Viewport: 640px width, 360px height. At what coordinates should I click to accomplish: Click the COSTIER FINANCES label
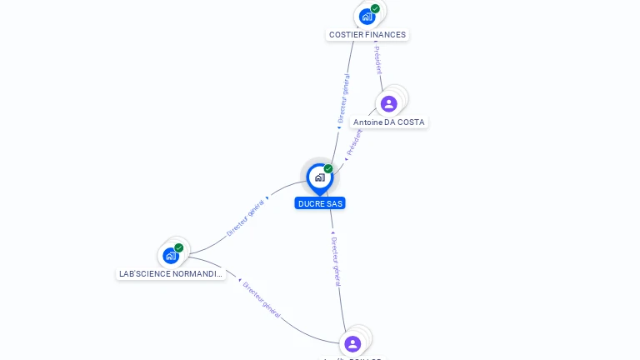pyautogui.click(x=367, y=35)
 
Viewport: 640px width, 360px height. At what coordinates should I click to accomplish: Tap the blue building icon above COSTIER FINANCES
pyautogui.click(x=367, y=16)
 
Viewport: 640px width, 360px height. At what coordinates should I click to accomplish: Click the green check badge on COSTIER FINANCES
pyautogui.click(x=376, y=8)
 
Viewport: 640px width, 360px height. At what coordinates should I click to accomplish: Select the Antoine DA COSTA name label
pyautogui.click(x=388, y=122)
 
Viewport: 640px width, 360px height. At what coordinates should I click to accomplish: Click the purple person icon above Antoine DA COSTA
pyautogui.click(x=388, y=104)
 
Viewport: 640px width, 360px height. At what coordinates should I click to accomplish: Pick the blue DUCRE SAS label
pyautogui.click(x=320, y=203)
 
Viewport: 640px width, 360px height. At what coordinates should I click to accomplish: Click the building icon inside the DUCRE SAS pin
pyautogui.click(x=319, y=177)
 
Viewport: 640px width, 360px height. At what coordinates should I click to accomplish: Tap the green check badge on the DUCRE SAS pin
pyautogui.click(x=328, y=168)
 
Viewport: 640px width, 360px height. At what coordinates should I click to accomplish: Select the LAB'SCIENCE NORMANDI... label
pyautogui.click(x=171, y=274)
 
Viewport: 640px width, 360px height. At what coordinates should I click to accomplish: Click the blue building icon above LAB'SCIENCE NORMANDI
pyautogui.click(x=171, y=255)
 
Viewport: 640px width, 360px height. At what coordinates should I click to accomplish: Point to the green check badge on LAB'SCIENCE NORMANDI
pyautogui.click(x=179, y=247)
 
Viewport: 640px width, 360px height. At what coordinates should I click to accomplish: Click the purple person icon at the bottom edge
pyautogui.click(x=352, y=344)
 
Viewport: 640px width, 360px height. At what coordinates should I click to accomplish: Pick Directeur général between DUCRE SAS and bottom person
pyautogui.click(x=335, y=261)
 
